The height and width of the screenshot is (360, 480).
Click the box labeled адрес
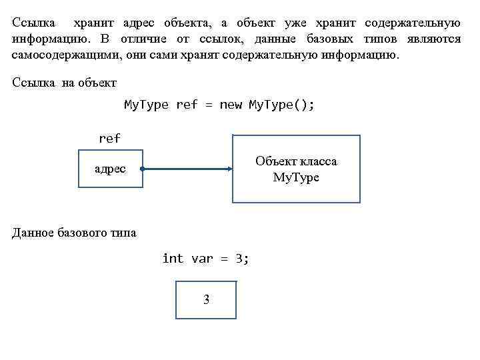tap(110, 169)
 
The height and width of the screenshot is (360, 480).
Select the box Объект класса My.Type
tap(296, 169)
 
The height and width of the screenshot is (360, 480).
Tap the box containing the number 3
tap(206, 300)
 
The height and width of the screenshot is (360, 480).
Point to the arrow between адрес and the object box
tap(187, 169)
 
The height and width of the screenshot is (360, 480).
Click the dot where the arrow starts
tap(143, 169)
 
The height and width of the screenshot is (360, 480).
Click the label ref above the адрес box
tap(109, 139)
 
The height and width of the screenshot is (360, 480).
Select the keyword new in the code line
tap(231, 105)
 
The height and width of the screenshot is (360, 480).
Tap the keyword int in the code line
tap(173, 258)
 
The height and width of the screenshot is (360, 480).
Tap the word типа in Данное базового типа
tap(123, 233)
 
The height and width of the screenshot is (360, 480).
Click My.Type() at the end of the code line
tap(281, 105)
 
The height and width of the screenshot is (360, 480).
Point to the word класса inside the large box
tap(319, 162)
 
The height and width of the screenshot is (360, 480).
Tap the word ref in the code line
tap(187, 105)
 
